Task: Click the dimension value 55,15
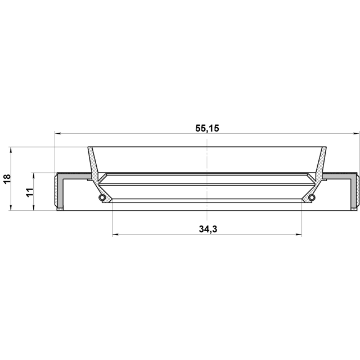(x=207, y=128)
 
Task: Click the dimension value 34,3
(x=208, y=229)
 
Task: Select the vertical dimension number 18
(x=7, y=179)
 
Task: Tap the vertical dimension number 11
(x=30, y=192)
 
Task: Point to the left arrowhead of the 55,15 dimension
(x=57, y=133)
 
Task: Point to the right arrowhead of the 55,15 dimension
(x=356, y=133)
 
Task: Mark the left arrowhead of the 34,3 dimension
(x=115, y=235)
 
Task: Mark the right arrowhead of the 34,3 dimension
(x=299, y=235)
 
